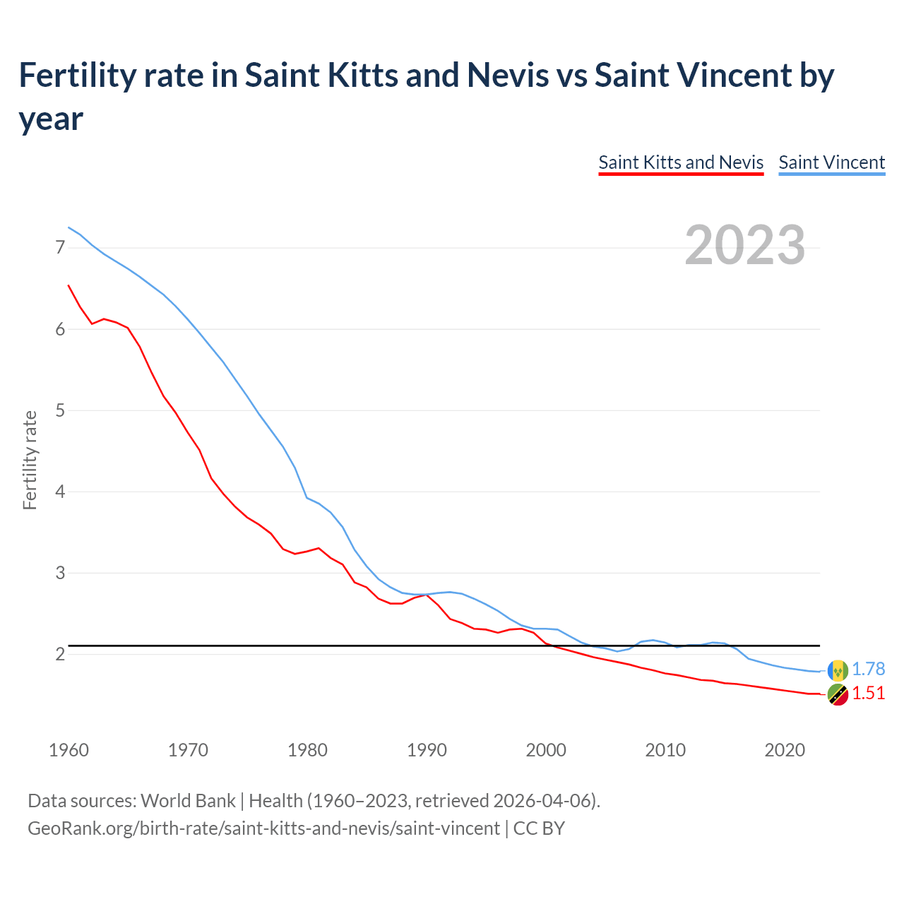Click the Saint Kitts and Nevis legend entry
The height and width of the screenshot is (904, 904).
(x=681, y=162)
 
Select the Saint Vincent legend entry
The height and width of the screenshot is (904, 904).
(x=831, y=162)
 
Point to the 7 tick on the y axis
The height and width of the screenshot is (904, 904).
(x=60, y=248)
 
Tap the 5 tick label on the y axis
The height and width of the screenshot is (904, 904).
(x=60, y=410)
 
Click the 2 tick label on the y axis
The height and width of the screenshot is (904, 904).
(x=60, y=654)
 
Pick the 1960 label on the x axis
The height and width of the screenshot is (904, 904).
(x=69, y=750)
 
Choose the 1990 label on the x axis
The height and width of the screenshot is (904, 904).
(x=427, y=750)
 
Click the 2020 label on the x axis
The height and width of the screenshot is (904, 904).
(x=785, y=750)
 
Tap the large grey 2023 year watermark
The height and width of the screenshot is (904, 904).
(x=744, y=245)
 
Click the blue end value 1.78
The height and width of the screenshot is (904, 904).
(x=868, y=670)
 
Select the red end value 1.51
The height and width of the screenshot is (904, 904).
(x=868, y=694)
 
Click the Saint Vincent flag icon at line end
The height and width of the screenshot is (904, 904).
(x=838, y=670)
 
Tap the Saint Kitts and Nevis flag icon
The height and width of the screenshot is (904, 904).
(x=838, y=695)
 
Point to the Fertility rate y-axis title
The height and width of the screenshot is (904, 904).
(x=30, y=460)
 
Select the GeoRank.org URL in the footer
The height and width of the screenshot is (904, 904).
(x=263, y=828)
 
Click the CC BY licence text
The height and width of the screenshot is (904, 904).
(x=539, y=828)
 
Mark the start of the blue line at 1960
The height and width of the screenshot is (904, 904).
(x=69, y=227)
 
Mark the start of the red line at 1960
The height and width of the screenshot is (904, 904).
(x=69, y=285)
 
